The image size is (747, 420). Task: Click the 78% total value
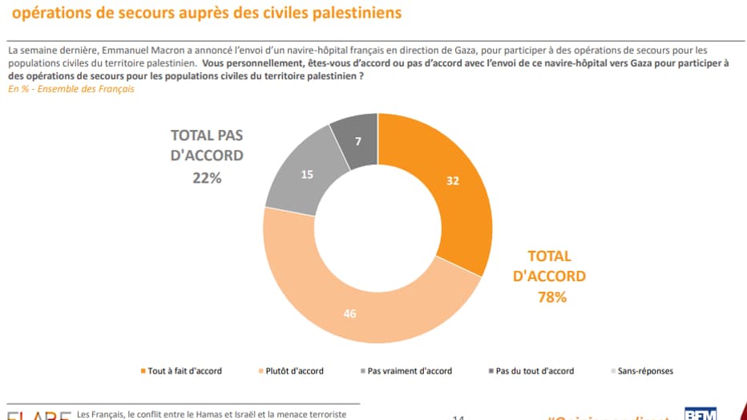[x=550, y=297]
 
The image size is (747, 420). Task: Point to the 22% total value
[x=207, y=178]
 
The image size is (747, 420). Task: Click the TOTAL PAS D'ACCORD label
[x=207, y=145]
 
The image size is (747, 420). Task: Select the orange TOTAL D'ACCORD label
[x=550, y=266]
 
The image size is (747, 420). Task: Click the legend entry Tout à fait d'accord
[x=184, y=371]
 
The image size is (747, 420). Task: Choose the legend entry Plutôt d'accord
[x=295, y=371]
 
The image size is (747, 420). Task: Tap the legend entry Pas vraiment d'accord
[x=410, y=371]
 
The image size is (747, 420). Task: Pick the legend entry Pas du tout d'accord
[x=535, y=371]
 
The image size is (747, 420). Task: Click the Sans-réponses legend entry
[x=644, y=371]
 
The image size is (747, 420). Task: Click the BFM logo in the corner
[x=700, y=414]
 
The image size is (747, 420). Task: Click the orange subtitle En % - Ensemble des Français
[x=71, y=89]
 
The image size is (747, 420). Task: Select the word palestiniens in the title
[x=353, y=14]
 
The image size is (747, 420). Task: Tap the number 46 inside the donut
[x=349, y=314]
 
